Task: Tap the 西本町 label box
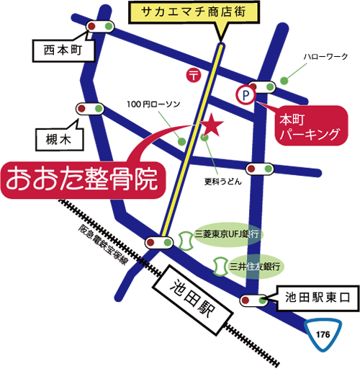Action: pos(60,50)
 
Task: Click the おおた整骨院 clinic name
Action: pos(80,180)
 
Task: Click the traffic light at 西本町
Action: pos(99,27)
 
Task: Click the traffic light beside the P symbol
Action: pos(262,86)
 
